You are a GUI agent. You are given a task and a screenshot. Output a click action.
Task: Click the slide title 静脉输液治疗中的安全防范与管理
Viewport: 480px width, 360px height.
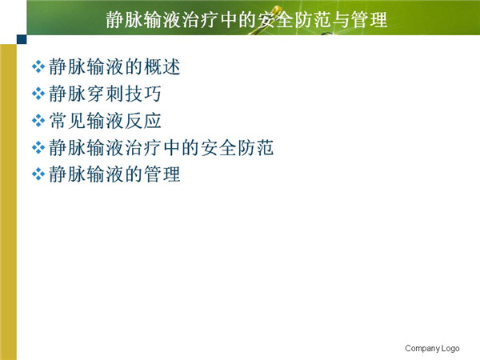(x=246, y=20)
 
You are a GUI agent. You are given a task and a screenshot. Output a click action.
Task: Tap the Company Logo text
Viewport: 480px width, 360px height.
(x=432, y=348)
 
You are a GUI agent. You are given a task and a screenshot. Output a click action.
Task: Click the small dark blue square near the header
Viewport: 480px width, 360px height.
(x=22, y=39)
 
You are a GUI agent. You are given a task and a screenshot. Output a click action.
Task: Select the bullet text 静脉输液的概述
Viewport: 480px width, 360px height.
(x=114, y=66)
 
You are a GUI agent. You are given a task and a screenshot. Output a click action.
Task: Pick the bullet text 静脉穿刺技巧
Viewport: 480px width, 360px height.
(x=105, y=94)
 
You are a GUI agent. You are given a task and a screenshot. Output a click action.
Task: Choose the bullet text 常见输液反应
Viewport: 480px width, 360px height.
(x=105, y=120)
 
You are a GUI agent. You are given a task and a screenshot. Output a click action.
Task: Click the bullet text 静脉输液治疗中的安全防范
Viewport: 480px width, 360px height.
(x=162, y=147)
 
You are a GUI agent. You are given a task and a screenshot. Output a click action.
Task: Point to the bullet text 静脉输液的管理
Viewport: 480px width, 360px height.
(x=114, y=174)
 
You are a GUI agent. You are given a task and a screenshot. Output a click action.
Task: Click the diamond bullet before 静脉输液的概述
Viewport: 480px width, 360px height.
(x=38, y=66)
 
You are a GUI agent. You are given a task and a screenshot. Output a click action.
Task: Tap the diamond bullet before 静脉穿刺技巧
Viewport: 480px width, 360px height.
(x=38, y=94)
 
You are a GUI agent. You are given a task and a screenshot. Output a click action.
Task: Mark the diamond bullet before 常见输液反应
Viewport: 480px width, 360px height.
(x=38, y=121)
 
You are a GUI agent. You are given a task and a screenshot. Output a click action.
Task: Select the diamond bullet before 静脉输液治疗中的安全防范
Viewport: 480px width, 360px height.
(x=38, y=148)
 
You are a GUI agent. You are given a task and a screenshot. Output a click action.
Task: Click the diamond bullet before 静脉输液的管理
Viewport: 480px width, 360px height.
(x=38, y=174)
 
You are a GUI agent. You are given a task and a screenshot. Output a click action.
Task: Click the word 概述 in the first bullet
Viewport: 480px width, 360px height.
(x=162, y=66)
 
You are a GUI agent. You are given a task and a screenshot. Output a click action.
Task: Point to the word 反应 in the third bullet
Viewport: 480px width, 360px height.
(x=143, y=120)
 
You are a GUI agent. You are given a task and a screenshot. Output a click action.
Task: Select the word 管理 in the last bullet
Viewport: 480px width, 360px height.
(x=162, y=174)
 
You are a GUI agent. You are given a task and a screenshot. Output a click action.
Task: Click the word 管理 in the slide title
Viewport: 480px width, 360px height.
(x=369, y=20)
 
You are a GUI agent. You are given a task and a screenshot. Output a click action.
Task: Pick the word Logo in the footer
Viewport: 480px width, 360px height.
(x=450, y=348)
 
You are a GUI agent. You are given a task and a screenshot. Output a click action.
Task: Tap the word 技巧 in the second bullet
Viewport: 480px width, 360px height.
(x=143, y=94)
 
